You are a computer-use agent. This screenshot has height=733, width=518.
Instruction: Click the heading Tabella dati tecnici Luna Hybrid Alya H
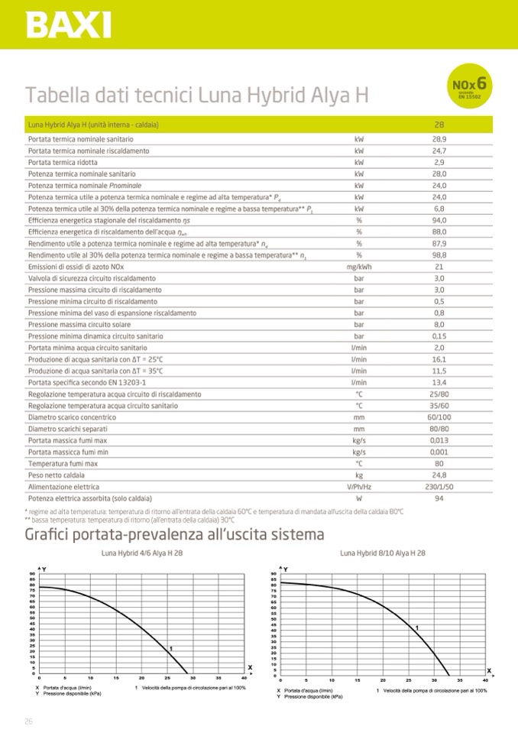(197, 96)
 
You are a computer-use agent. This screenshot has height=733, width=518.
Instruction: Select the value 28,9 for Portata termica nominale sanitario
(439, 140)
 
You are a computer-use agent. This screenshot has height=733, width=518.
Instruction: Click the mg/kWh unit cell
(358, 267)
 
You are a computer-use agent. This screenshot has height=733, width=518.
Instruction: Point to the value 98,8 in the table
(439, 255)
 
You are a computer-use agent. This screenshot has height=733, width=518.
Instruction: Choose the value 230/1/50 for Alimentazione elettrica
(439, 486)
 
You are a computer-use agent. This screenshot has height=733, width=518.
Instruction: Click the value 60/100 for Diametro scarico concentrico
(439, 417)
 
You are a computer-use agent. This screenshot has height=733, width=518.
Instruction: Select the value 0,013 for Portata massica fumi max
(439, 440)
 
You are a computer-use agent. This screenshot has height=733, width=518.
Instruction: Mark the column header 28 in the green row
(439, 125)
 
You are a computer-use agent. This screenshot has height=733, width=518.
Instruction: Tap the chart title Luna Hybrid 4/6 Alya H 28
(142, 553)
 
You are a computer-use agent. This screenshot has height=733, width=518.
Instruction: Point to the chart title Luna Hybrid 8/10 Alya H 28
(382, 553)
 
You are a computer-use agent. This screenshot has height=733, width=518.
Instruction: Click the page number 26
(28, 721)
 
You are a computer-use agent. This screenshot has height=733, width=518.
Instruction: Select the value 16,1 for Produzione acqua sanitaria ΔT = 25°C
(439, 359)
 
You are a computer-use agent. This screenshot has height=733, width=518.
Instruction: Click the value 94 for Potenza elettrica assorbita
(439, 498)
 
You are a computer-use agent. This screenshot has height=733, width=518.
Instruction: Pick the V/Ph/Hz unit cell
(358, 486)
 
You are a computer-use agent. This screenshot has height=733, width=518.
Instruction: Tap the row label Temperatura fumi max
(63, 463)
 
